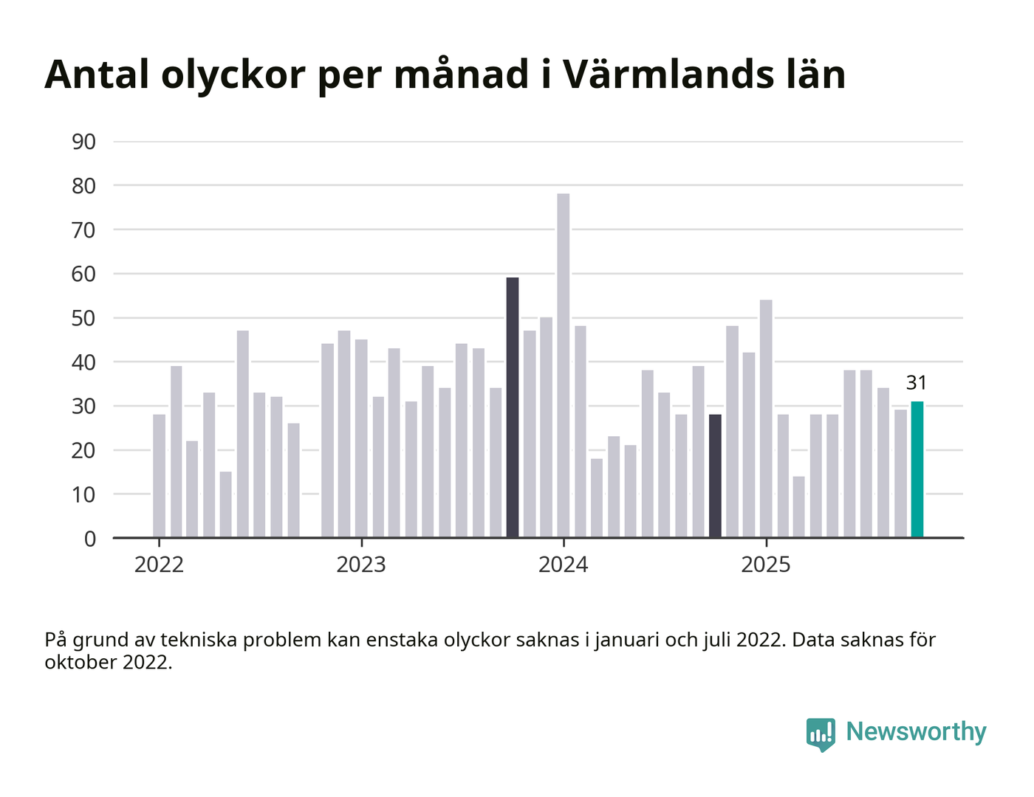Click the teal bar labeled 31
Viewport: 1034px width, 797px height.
[x=917, y=469]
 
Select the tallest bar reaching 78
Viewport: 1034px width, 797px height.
[x=564, y=365]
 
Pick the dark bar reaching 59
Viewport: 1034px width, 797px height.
[x=513, y=407]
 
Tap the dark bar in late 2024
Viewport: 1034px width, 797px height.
[x=715, y=476]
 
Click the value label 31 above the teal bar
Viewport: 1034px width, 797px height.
[x=917, y=382]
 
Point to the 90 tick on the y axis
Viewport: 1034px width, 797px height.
[x=84, y=142]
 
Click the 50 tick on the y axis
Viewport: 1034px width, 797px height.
[x=84, y=318]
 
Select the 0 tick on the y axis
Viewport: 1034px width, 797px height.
[x=90, y=539]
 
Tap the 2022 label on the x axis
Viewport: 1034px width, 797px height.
[x=159, y=565]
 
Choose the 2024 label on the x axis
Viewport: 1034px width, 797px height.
[x=564, y=565]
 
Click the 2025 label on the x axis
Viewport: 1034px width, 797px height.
[x=766, y=565]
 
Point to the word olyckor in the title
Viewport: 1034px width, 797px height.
[x=233, y=75]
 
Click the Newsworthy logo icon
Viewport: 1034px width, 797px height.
[x=821, y=733]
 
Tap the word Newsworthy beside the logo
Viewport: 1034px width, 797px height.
[x=916, y=731]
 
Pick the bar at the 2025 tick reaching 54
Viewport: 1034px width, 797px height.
[x=766, y=418]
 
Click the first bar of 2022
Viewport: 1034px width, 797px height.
[x=160, y=476]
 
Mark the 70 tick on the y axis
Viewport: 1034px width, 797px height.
[x=84, y=230]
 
